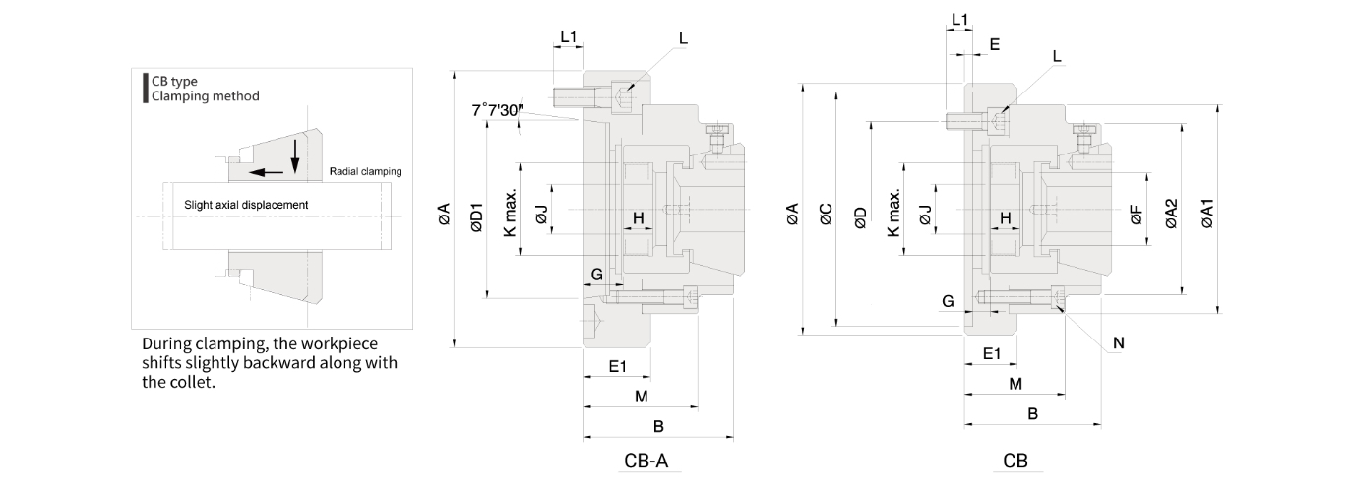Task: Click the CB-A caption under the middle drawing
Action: click(652, 461)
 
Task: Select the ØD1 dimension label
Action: click(475, 217)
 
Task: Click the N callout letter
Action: click(1119, 342)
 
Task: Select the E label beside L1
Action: click(994, 44)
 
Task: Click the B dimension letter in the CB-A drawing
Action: click(658, 426)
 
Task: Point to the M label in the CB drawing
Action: click(1015, 383)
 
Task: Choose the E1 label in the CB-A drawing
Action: click(617, 366)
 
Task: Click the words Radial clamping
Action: click(365, 171)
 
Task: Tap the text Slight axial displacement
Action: click(246, 205)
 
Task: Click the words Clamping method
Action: click(206, 95)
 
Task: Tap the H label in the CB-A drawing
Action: click(638, 217)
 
